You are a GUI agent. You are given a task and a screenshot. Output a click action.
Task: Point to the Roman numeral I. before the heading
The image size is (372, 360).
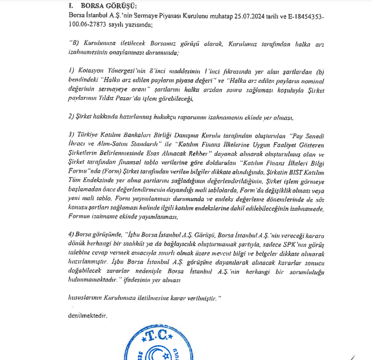coord(71,6)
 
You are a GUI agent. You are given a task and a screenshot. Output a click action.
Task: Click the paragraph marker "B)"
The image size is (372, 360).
coord(75,44)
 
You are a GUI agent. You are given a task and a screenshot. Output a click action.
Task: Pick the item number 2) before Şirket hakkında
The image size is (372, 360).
coord(71,118)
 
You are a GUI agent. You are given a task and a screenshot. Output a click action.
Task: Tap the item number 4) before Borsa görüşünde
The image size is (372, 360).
coord(71,236)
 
